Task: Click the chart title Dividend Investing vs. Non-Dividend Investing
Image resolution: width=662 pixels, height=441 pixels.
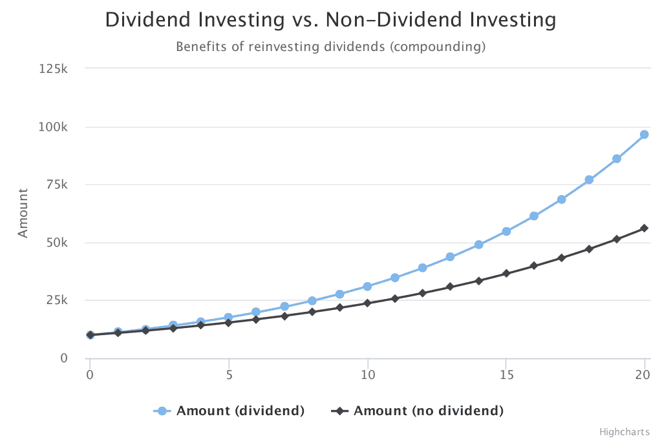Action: tap(330, 20)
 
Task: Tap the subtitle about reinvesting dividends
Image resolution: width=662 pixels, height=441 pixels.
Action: tap(330, 47)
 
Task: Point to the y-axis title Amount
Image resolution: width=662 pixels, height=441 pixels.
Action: tap(23, 212)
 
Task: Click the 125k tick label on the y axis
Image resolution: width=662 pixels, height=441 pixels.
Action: tap(54, 68)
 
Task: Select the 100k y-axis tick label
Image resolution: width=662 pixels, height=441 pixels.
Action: tap(54, 127)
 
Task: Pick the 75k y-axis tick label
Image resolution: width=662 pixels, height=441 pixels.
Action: tap(56, 185)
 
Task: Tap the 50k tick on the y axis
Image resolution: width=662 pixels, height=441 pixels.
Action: tap(56, 243)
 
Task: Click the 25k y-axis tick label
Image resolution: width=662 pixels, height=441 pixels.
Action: tap(56, 300)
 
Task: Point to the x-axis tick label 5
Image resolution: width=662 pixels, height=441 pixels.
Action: tap(228, 375)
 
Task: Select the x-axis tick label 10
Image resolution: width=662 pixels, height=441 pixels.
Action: tap(367, 375)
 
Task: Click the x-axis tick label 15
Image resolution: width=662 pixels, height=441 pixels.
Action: tap(506, 375)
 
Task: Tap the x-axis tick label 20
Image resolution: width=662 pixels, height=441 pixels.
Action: tap(644, 375)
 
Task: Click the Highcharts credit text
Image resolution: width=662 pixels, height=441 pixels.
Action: tap(624, 431)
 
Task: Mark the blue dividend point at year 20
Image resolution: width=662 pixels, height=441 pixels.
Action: tap(645, 134)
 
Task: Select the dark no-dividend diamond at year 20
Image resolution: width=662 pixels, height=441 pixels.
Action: tap(645, 228)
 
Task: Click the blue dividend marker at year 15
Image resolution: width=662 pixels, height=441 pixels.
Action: tap(506, 231)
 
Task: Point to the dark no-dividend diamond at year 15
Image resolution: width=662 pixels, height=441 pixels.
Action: tap(506, 273)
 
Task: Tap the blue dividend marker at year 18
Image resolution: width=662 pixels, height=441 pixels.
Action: tap(589, 179)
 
